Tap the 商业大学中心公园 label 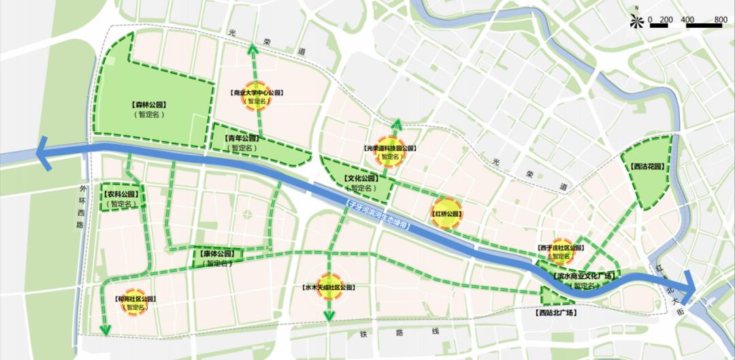(257, 93)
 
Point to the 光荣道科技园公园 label (389, 148)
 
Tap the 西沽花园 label (647, 166)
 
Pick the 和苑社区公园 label (135, 299)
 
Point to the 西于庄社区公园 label (560, 248)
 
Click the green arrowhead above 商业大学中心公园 (252, 48)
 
